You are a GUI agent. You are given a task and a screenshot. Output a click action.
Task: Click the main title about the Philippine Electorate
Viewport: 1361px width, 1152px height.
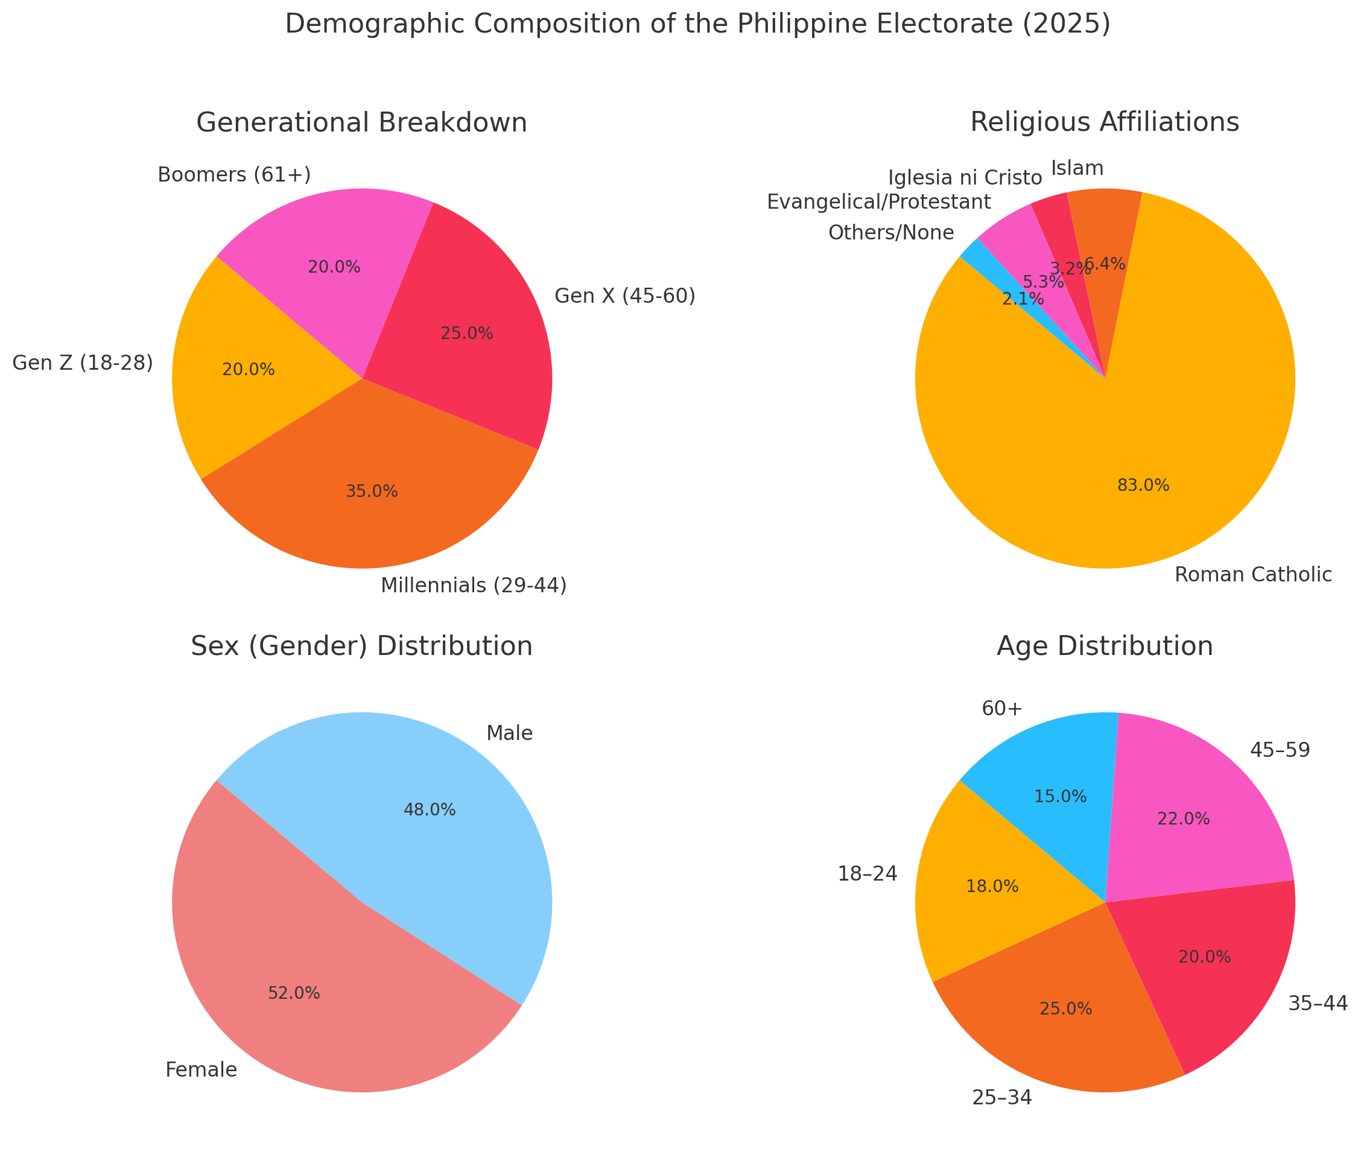(x=697, y=25)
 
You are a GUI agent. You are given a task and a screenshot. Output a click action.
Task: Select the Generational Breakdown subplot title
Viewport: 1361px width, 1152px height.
(x=361, y=123)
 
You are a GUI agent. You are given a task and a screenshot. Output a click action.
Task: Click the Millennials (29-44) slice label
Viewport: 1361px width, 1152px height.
(x=474, y=586)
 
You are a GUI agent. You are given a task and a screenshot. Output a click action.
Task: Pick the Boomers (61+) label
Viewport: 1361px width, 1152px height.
(x=234, y=175)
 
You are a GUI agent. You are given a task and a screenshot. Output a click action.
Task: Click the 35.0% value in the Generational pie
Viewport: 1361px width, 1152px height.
(x=372, y=492)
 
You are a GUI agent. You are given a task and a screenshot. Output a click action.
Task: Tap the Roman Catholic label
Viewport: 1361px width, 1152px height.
(x=1252, y=575)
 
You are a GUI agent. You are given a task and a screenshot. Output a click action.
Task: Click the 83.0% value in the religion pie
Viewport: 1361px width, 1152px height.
(x=1143, y=485)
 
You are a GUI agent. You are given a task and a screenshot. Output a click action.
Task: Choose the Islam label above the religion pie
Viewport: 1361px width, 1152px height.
(x=1077, y=168)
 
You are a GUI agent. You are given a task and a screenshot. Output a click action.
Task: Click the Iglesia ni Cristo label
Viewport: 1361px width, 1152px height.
(x=965, y=178)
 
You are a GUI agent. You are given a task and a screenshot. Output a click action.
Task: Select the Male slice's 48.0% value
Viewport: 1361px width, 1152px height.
(x=429, y=810)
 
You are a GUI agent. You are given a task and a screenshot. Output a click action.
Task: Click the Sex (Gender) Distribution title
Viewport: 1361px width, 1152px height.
(x=361, y=647)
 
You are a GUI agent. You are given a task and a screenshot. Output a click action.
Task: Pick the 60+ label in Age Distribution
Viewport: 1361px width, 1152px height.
(x=1001, y=709)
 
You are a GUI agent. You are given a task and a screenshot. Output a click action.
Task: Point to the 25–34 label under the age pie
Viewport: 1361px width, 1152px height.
(x=1002, y=1098)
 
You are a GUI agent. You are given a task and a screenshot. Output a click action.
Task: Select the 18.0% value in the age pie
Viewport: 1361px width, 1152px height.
(x=991, y=886)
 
